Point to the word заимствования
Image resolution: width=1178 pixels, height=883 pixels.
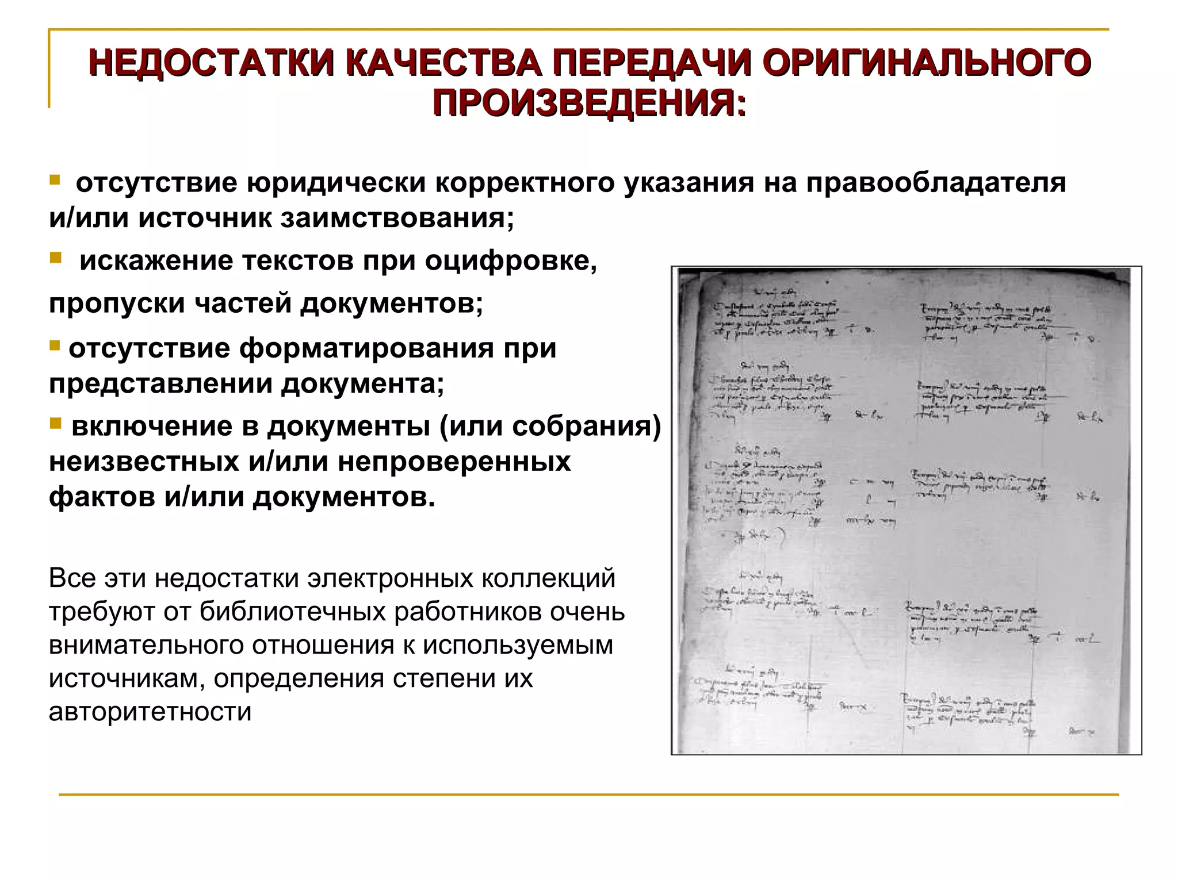(397, 218)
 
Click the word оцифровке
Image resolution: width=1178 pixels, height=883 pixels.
(511, 261)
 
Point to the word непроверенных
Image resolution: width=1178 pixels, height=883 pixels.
(454, 462)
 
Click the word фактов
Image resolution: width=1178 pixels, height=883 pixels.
(101, 497)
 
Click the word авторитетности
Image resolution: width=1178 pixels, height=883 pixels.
(150, 712)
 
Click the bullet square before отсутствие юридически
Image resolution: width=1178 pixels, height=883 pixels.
(55, 181)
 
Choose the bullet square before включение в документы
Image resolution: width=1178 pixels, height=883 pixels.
(55, 424)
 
